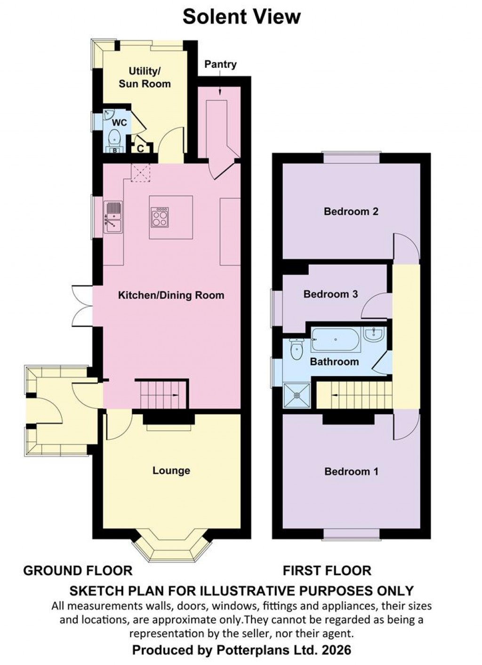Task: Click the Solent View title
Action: [x=241, y=17]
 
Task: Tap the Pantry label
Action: [x=220, y=64]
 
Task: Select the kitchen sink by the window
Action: [x=113, y=217]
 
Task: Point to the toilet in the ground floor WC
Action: [x=114, y=138]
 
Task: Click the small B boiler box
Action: [x=114, y=150]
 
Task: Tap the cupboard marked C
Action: [x=140, y=149]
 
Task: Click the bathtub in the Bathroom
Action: [x=335, y=340]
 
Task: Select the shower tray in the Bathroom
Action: [x=297, y=396]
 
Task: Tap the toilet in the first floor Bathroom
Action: [x=297, y=349]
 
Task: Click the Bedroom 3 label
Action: [x=330, y=294]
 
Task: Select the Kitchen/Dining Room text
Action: [x=171, y=295]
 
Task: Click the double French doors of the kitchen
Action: [x=83, y=306]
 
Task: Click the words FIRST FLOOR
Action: [x=327, y=571]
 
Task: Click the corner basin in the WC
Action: [x=109, y=114]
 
